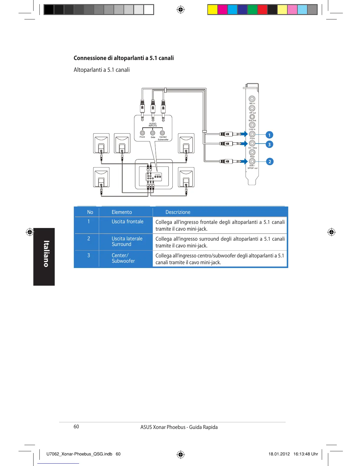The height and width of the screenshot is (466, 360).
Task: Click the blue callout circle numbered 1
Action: (x=269, y=135)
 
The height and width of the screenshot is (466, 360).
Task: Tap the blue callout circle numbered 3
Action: (x=269, y=144)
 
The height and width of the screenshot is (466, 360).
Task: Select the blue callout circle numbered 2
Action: (x=269, y=162)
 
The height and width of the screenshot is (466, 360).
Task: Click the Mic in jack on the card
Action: (x=252, y=99)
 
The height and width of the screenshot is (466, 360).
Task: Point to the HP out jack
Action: (x=252, y=108)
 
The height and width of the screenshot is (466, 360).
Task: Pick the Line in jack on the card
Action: (x=252, y=125)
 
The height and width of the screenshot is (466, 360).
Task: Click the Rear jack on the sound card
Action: (x=252, y=152)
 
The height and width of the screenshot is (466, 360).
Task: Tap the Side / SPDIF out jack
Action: (x=252, y=161)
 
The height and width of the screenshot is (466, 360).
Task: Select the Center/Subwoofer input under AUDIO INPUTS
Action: (x=162, y=133)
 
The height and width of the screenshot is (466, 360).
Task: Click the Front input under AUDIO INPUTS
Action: (x=142, y=133)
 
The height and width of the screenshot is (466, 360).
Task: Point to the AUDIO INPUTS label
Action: (x=153, y=125)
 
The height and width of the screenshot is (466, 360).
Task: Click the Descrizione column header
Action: (x=178, y=212)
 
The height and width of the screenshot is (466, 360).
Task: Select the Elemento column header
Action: (x=122, y=212)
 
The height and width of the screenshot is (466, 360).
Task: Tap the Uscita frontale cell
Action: (x=127, y=222)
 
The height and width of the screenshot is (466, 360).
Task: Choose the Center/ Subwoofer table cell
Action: (x=123, y=258)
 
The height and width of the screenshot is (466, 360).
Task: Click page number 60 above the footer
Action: (x=76, y=427)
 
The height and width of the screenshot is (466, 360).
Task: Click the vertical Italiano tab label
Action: (x=46, y=254)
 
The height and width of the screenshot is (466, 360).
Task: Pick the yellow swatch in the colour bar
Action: (x=213, y=10)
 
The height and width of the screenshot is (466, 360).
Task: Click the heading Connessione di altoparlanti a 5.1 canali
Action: (x=124, y=58)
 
